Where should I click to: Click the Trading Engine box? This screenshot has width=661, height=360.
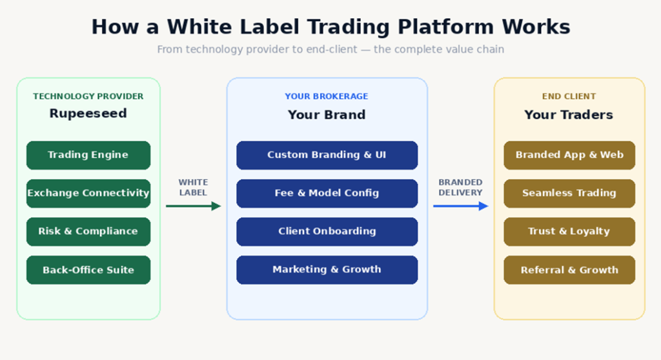point(88,155)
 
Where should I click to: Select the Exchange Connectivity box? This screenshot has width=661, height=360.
point(88,194)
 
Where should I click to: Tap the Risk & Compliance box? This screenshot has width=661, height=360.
point(88,232)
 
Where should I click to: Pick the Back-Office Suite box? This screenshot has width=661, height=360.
point(88,270)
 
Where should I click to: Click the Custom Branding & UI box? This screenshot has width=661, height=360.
point(327,155)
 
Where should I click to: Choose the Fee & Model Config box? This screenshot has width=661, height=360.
point(327,194)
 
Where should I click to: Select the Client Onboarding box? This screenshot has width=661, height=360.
point(327,232)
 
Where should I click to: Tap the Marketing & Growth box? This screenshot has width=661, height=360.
point(327,270)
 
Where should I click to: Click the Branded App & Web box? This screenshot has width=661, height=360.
point(569,155)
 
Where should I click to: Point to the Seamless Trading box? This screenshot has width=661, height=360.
point(569,194)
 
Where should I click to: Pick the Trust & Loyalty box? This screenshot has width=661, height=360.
point(569,232)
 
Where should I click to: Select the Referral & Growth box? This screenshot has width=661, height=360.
point(569,270)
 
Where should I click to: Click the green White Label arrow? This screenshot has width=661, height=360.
point(194,206)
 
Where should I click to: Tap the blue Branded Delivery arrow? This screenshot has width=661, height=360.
point(461,206)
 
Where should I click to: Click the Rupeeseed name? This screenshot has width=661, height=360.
point(88,114)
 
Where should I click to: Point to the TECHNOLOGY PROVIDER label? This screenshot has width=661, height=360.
point(88,97)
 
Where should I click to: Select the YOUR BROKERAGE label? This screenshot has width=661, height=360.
point(326,97)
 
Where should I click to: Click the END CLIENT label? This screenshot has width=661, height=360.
point(569,97)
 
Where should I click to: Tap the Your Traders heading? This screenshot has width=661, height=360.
point(569,115)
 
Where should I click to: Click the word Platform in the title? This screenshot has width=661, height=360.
point(445,27)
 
